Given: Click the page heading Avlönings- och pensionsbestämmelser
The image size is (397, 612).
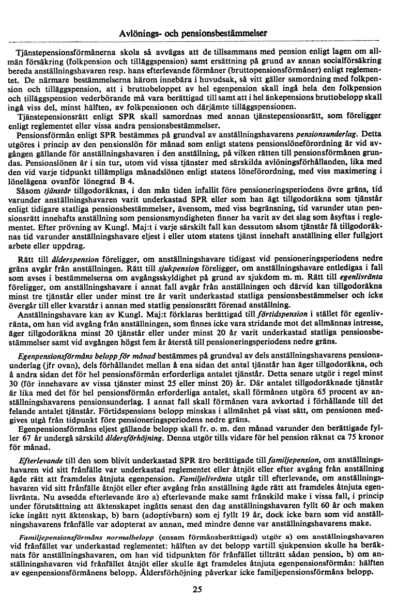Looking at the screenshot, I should click(x=193, y=32).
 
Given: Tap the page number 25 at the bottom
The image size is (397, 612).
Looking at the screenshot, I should click(x=196, y=589).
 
